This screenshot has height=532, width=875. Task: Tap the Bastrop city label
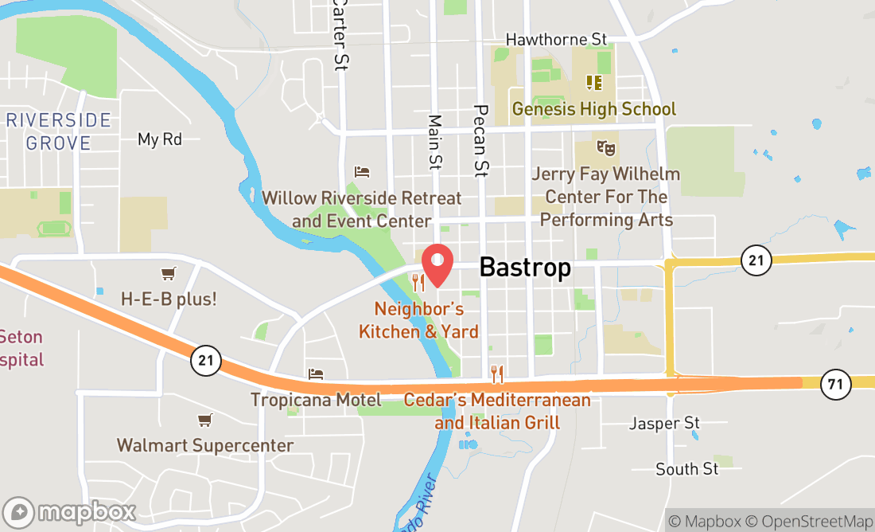(x=525, y=268)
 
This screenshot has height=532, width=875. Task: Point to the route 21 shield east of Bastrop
(x=756, y=260)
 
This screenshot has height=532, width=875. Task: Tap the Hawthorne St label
(x=556, y=39)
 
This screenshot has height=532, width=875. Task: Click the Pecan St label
(x=480, y=139)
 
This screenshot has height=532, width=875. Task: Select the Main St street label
(x=435, y=142)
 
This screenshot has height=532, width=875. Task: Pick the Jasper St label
(x=664, y=423)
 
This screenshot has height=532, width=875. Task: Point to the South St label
(x=687, y=469)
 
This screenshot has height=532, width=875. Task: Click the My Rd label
(x=160, y=139)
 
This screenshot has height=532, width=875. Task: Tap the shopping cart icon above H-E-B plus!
(x=168, y=274)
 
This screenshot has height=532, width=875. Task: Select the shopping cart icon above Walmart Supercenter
(x=205, y=420)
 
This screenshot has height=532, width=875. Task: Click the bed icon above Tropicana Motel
(x=316, y=374)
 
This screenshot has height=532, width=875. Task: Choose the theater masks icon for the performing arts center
(x=606, y=147)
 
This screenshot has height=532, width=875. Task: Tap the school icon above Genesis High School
(x=593, y=82)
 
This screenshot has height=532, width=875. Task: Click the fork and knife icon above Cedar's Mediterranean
(x=497, y=373)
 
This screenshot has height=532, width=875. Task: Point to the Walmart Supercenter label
(x=205, y=445)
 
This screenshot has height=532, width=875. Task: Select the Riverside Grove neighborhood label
(x=59, y=131)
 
